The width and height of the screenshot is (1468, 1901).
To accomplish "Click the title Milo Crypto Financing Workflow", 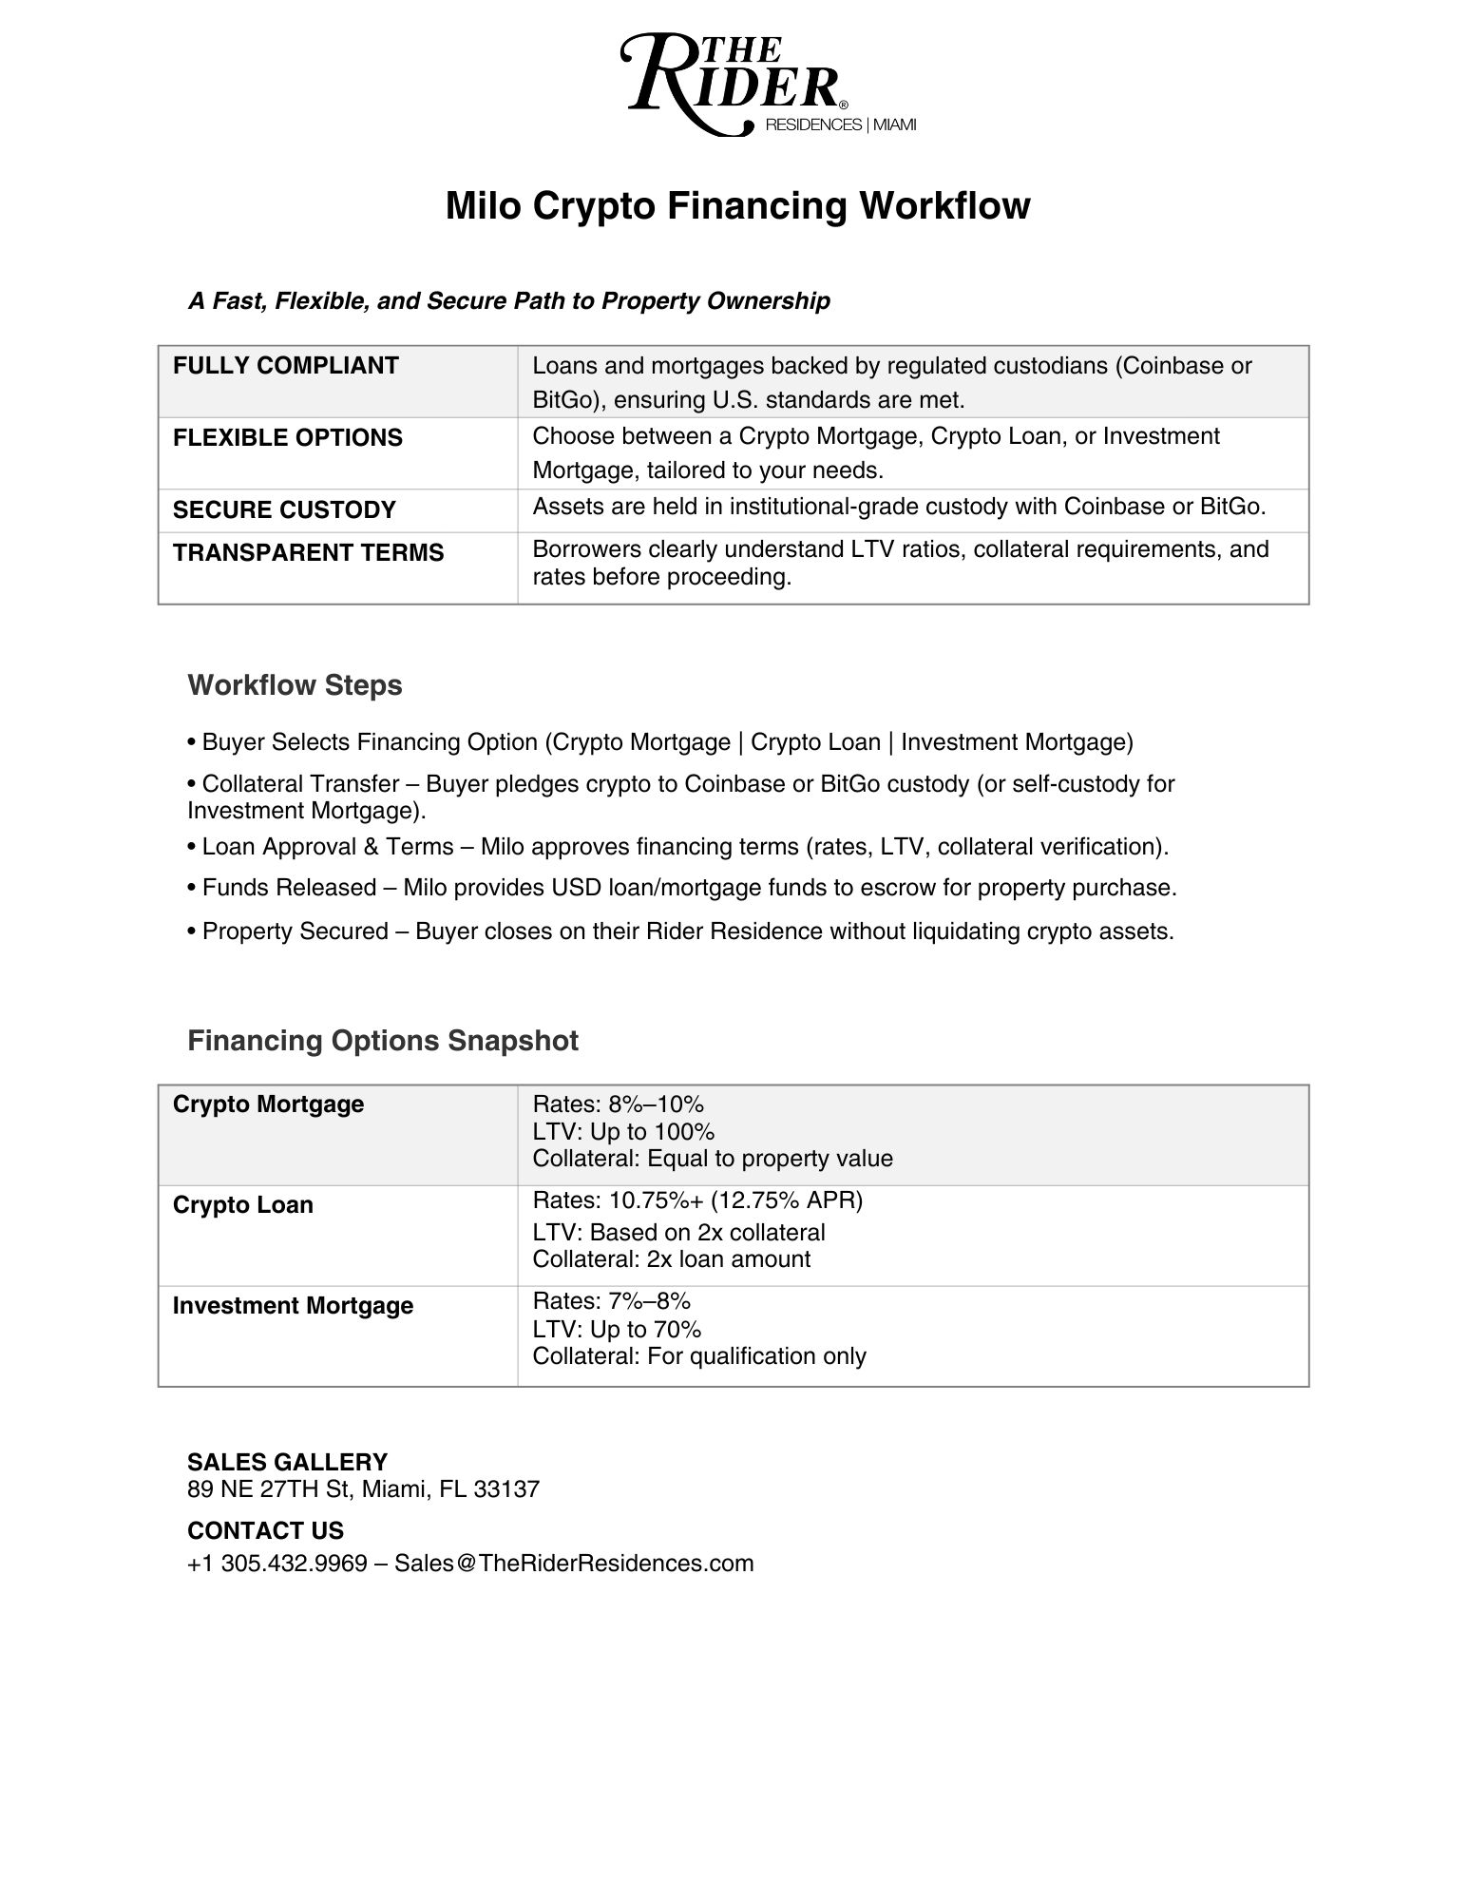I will pyautogui.click(x=737, y=206).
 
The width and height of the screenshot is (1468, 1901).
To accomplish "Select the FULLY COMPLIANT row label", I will pyautogui.click(x=285, y=366).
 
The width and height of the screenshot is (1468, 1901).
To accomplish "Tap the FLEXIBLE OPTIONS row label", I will pyautogui.click(x=287, y=438).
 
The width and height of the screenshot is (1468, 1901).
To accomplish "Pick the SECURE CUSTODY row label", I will pyautogui.click(x=283, y=510).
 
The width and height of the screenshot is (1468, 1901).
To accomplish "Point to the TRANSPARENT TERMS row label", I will pyautogui.click(x=308, y=553).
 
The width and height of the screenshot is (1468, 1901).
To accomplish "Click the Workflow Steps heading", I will pyautogui.click(x=295, y=685).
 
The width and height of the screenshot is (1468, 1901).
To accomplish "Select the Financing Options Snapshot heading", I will pyautogui.click(x=382, y=1041).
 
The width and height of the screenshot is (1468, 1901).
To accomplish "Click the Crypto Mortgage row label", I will pyautogui.click(x=268, y=1104).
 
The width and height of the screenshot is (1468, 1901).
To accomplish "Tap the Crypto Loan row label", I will pyautogui.click(x=242, y=1205).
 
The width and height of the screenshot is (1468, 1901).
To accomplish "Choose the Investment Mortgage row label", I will pyautogui.click(x=293, y=1306).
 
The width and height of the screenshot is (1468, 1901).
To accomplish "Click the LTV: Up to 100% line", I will pyautogui.click(x=622, y=1132).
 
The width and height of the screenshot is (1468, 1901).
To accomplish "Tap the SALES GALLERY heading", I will pyautogui.click(x=287, y=1462).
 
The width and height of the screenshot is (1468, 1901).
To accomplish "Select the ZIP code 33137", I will pyautogui.click(x=505, y=1489).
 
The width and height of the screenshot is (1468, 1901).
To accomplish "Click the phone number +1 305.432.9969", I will pyautogui.click(x=276, y=1564).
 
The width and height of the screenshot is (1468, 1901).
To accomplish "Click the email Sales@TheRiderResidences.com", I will pyautogui.click(x=574, y=1564).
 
